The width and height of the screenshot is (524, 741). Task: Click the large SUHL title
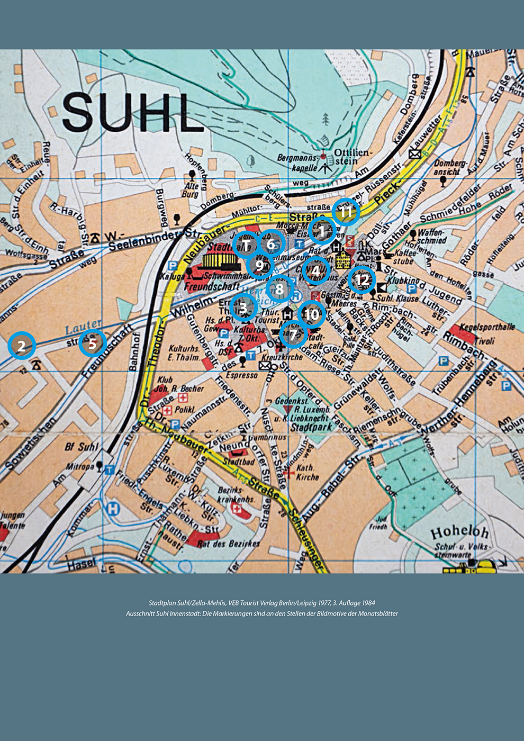click(x=132, y=113)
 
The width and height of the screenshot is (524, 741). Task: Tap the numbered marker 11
click(x=346, y=212)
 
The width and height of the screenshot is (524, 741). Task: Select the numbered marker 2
click(x=22, y=346)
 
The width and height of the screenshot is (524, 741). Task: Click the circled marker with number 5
click(x=93, y=344)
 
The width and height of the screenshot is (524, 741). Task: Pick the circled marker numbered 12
click(x=362, y=280)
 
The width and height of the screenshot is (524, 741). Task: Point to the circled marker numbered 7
click(x=293, y=334)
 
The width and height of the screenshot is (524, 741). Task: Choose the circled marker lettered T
click(x=247, y=245)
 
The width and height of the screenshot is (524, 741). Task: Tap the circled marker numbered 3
click(x=243, y=307)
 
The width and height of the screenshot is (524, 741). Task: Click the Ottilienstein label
click(x=353, y=157)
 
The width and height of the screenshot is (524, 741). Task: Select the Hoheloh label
click(x=459, y=532)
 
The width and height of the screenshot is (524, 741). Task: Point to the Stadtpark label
click(x=311, y=427)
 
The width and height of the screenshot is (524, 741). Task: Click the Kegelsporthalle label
click(x=487, y=327)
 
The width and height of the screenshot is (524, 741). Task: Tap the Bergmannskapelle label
click(x=298, y=163)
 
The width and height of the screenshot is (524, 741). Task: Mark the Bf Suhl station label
click(x=82, y=447)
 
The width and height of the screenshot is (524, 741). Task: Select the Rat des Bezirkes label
click(x=228, y=544)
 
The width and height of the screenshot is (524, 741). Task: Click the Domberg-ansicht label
click(x=450, y=168)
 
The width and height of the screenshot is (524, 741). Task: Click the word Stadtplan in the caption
click(x=161, y=603)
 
